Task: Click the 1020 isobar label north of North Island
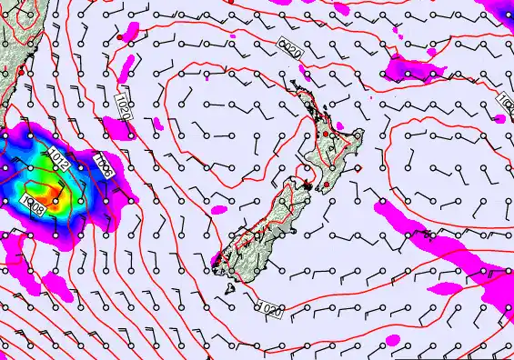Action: pyautogui.click(x=289, y=46)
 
